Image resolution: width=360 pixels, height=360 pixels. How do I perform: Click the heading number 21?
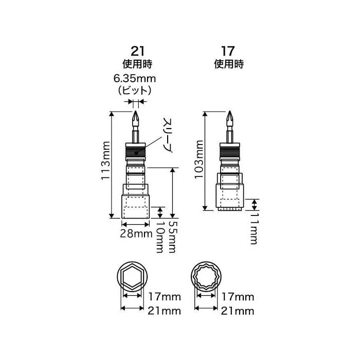[137, 51]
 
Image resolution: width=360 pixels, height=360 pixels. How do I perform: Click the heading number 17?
[228, 51]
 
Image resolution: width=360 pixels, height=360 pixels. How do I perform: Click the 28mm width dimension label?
[136, 233]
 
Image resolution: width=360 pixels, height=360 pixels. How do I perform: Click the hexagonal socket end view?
[132, 277]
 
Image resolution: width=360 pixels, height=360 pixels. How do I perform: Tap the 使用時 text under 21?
[137, 65]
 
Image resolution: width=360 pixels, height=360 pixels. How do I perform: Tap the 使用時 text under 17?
[228, 65]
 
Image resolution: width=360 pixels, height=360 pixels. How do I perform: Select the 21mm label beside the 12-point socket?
[238, 311]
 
